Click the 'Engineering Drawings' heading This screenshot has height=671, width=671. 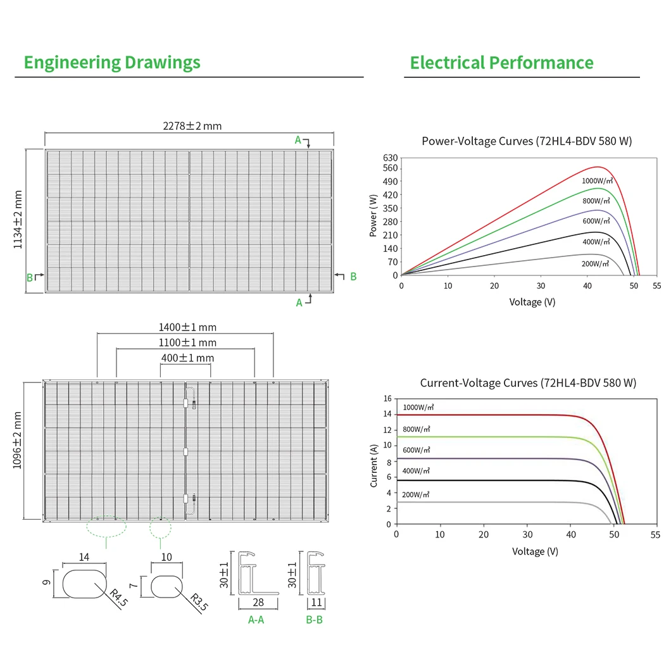point(112,63)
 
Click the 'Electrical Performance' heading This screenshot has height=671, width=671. point(501,63)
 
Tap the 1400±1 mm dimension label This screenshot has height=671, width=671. point(187,327)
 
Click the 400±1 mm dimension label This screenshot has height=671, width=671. point(187,358)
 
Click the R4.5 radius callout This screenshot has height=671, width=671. point(118,598)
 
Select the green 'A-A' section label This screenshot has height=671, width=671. point(256,620)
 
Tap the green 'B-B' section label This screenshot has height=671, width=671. point(314,620)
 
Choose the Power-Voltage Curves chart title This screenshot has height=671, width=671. point(527,141)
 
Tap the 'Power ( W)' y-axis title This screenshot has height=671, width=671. point(373,217)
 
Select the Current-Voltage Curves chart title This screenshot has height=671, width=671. point(528,383)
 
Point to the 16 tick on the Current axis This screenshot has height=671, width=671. point(387,399)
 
